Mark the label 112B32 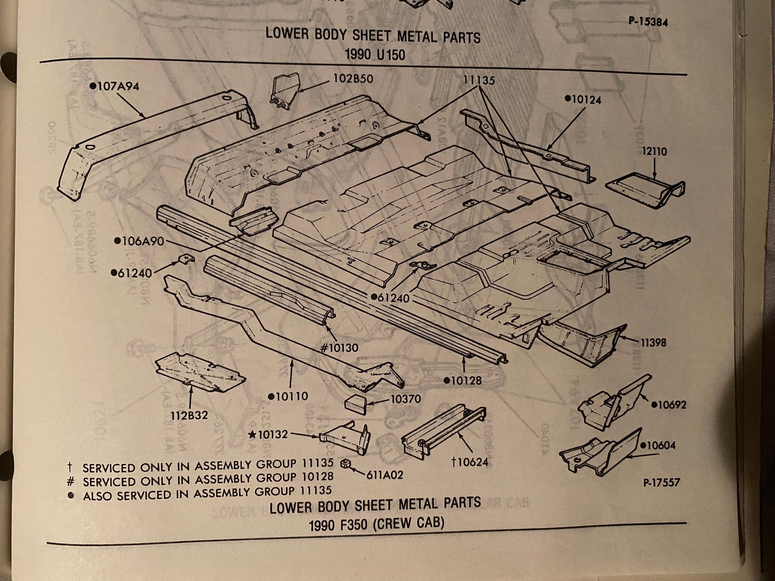click(x=189, y=416)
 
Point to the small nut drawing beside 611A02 click(x=343, y=463)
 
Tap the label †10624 click(x=469, y=461)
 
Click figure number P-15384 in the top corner click(x=648, y=22)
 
